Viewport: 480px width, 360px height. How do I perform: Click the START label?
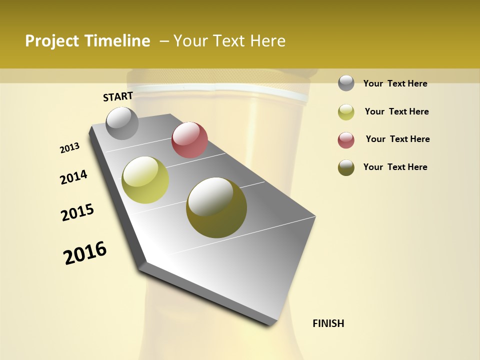coord(118,96)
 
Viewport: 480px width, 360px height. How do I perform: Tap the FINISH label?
coord(328,323)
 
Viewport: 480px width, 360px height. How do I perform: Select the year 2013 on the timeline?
coord(70,148)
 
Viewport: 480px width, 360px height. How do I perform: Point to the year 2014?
coord(73,177)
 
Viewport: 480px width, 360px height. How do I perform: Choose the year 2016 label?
coord(85,252)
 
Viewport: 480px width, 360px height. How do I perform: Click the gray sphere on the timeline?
coord(122,123)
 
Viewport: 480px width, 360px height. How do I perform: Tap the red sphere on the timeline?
coord(189,140)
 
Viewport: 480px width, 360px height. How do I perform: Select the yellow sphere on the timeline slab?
coord(145,180)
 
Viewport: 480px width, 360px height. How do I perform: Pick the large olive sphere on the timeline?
coord(216,207)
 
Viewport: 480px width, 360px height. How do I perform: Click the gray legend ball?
coord(346,83)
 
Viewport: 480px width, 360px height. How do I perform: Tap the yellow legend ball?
coord(346,112)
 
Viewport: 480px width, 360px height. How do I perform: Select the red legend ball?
coord(346,140)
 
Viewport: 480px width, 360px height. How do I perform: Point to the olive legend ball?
coord(346,167)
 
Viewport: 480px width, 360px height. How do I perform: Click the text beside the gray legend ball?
coord(395,83)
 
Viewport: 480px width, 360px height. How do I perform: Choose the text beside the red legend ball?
coord(397,139)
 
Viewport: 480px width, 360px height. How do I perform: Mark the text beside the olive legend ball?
coord(395,167)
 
